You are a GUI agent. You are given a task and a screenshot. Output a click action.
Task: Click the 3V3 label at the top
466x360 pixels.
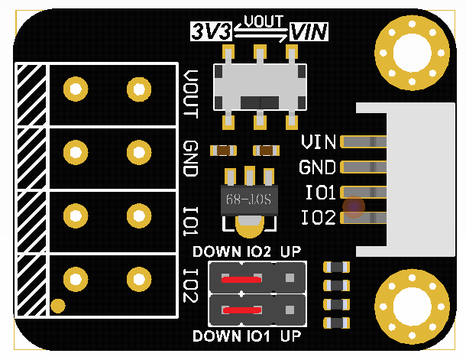(x=212, y=32)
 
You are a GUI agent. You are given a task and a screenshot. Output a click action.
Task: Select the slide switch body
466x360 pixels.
(x=259, y=87)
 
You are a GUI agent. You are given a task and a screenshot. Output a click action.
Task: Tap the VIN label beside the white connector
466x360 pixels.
(x=319, y=142)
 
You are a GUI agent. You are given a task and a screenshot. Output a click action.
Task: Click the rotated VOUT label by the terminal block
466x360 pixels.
(x=190, y=93)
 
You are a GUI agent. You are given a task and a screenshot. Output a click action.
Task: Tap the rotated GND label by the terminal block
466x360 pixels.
(x=190, y=158)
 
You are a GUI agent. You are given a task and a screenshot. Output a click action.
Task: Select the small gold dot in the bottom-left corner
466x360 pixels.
(x=57, y=306)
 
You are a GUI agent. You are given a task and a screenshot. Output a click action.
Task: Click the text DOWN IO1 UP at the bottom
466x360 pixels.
(x=247, y=336)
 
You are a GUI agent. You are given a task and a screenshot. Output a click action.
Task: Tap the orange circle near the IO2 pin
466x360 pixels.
(x=354, y=205)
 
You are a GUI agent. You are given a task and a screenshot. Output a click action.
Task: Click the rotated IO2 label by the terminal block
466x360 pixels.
(x=190, y=284)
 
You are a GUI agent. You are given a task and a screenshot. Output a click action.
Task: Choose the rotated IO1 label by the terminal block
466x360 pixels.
(x=190, y=219)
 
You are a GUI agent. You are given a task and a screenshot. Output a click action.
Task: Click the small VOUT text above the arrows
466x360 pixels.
(x=262, y=21)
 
